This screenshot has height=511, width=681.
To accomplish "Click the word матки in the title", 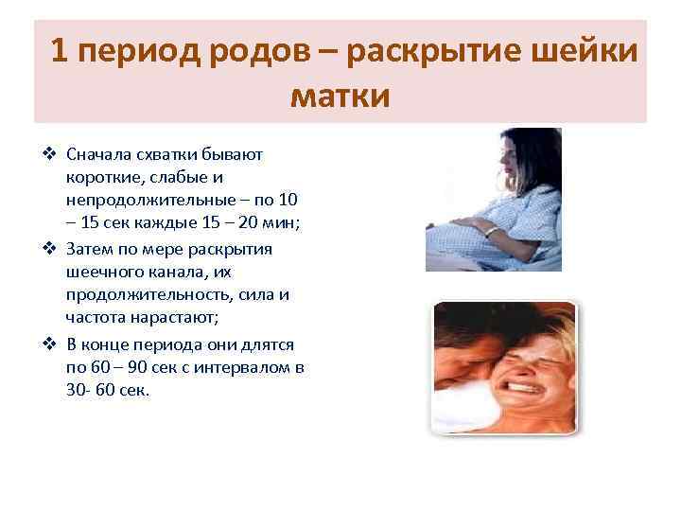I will coord(340,96).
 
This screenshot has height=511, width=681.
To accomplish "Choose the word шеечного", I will coord(104,273).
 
